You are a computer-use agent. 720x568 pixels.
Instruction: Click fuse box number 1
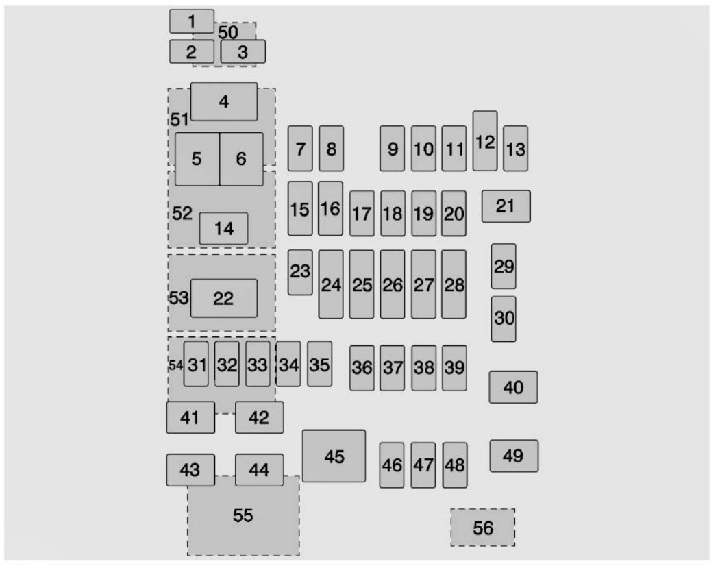point(192,21)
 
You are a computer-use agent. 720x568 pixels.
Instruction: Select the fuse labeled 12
point(485,141)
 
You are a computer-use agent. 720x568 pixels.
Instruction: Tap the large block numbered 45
point(334,456)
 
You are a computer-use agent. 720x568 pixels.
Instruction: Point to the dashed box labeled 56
point(482,528)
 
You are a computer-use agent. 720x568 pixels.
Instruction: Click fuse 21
point(506,206)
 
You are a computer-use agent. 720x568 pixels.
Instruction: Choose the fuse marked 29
point(504,267)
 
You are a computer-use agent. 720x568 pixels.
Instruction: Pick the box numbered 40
point(513,387)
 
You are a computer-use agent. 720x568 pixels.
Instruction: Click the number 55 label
point(243,515)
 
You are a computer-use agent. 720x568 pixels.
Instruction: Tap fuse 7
point(300,148)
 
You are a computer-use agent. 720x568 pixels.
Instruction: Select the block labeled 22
point(224,298)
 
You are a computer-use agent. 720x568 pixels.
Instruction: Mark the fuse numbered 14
point(223,228)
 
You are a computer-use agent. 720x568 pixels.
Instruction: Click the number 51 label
point(179,119)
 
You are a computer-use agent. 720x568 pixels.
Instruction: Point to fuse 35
point(320,364)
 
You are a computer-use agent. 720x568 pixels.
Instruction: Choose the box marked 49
point(514,456)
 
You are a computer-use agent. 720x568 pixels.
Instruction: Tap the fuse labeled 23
point(300,272)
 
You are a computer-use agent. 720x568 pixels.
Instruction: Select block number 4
point(224,101)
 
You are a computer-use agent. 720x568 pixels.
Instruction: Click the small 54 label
point(175,365)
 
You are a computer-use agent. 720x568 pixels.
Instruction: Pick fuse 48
point(455,465)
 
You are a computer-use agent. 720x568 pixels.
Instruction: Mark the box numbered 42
point(260,417)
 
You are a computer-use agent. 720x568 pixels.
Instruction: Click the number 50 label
point(228,32)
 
